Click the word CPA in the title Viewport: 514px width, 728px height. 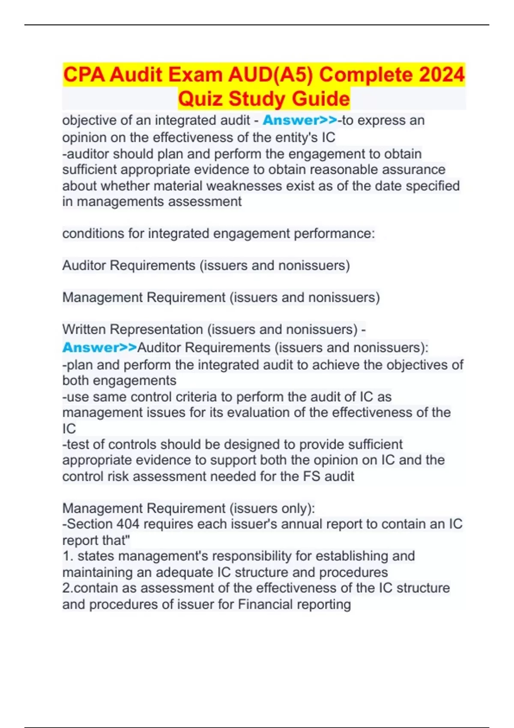coord(84,75)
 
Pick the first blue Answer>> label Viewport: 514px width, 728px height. coord(300,120)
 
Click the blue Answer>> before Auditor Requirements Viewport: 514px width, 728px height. coord(99,347)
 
